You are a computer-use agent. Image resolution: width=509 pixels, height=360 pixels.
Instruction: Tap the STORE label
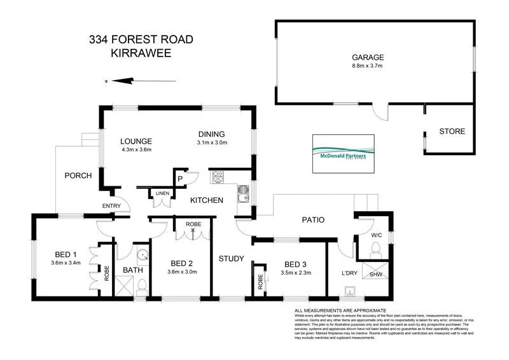452,132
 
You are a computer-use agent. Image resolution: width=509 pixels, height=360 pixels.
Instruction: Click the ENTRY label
113,205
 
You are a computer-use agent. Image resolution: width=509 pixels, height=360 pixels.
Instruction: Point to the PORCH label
79,176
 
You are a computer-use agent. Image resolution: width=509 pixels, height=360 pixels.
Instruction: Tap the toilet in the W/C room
375,247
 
